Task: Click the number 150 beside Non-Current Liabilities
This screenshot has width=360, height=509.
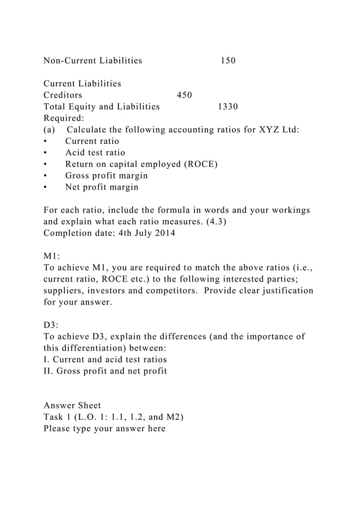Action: pos(228,60)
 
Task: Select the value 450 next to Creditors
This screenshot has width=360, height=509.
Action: pos(185,95)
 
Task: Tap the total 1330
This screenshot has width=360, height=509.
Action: pos(228,107)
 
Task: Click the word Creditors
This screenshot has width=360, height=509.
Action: pos(63,95)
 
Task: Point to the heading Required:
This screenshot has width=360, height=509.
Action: pos(64,118)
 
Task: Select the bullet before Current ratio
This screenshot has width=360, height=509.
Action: pos(46,142)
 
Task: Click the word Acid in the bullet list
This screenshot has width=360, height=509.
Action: pos(75,153)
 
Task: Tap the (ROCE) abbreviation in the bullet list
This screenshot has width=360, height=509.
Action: pos(201,164)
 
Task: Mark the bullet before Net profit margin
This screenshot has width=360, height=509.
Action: pos(46,187)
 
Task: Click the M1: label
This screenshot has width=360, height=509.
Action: pos(52,256)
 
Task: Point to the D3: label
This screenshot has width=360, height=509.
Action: pos(51,325)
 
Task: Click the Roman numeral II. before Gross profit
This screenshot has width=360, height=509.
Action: pos(49,371)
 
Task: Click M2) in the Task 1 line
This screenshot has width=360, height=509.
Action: pos(172,417)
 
